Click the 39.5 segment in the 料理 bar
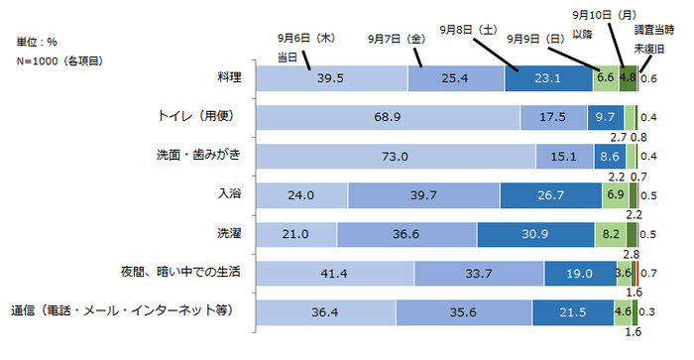(332, 78)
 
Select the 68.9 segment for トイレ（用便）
(388, 117)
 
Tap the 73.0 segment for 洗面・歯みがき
(396, 156)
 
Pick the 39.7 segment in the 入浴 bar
(423, 195)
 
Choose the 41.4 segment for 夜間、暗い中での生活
(335, 273)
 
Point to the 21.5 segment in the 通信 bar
(572, 311)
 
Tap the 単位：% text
(37, 43)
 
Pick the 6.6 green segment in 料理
(606, 78)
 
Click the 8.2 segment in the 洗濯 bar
(611, 234)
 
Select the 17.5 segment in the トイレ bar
(553, 117)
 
